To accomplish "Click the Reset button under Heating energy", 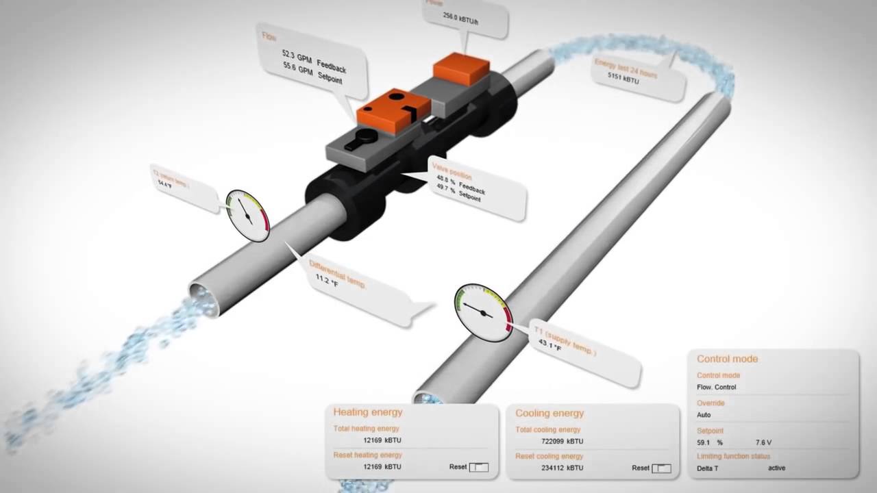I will (x=478, y=467).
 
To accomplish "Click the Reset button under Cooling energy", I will (x=661, y=468).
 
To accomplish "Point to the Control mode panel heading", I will (x=727, y=359).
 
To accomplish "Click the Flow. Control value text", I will (x=716, y=388).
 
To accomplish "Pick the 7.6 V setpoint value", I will (x=763, y=443).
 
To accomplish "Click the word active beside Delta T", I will (x=776, y=468).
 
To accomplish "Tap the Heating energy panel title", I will (x=368, y=412).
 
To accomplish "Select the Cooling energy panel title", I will (x=549, y=413).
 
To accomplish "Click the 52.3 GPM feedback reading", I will (x=297, y=55).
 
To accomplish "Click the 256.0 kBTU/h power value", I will (x=460, y=18).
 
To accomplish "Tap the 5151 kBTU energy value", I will (x=623, y=79).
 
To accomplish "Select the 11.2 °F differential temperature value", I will (x=327, y=280).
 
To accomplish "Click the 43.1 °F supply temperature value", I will (x=549, y=344).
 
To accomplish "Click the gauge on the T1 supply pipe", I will (x=484, y=313).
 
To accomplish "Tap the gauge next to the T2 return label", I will (x=247, y=215).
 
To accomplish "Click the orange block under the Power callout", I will (x=461, y=68).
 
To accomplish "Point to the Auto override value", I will (x=704, y=415).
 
